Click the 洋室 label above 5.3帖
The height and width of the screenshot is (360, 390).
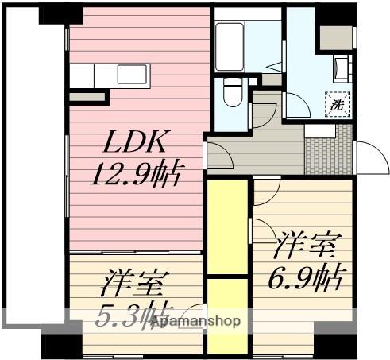[x=132, y=282]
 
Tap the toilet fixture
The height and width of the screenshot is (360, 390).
[x=233, y=94]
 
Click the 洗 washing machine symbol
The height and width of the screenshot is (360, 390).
[x=338, y=103]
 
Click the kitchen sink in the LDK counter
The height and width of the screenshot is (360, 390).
[x=131, y=74]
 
